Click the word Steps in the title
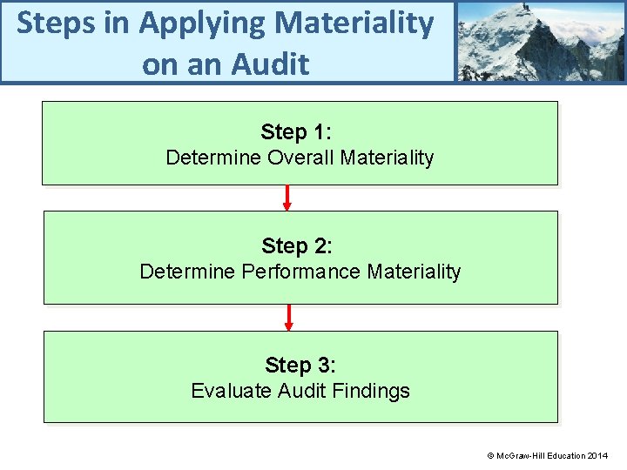54,23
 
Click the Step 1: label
296,132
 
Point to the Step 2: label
297,246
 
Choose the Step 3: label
300,365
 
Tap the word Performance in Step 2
301,272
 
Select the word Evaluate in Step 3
231,391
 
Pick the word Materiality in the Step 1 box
388,158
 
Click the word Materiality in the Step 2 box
414,272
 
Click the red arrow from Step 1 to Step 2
287,198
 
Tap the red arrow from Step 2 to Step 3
289,318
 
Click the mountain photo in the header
540,41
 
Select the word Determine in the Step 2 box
187,272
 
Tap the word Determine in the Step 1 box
213,158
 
